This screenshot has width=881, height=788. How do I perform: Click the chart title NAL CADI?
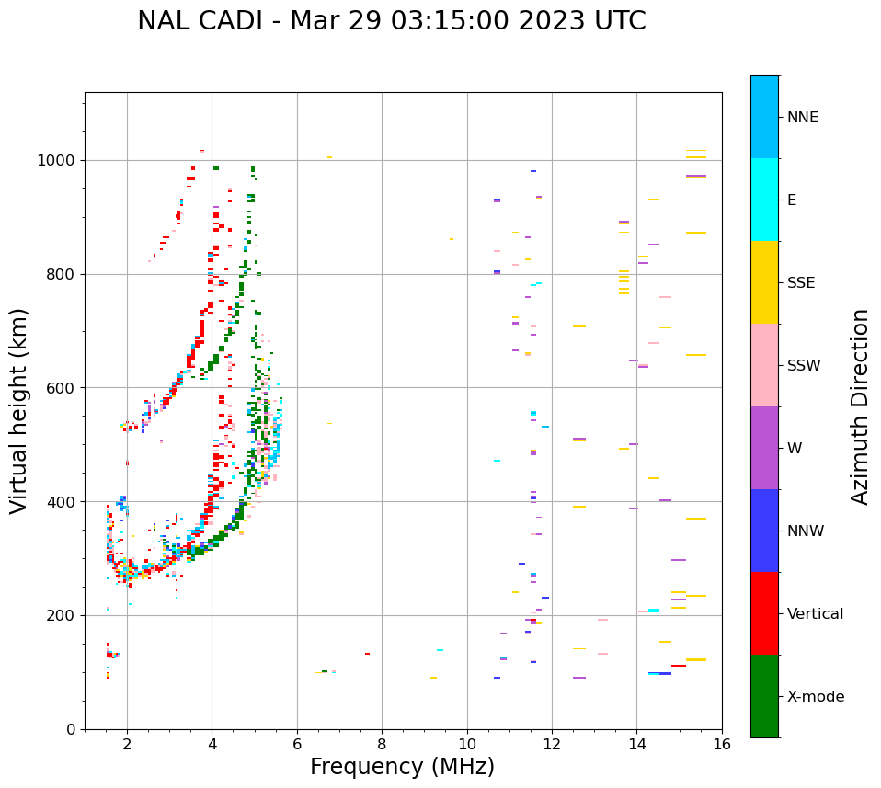point(391,21)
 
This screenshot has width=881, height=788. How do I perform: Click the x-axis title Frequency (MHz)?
point(402,767)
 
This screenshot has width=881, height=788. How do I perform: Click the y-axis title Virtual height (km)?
point(19,411)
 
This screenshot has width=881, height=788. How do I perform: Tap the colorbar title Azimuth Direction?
point(860,406)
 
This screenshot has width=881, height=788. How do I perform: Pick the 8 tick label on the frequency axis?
point(382,744)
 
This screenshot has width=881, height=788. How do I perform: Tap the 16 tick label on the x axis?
point(722,744)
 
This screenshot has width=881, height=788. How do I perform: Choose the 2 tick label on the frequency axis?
point(127,744)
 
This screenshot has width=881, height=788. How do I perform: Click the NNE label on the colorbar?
point(802,118)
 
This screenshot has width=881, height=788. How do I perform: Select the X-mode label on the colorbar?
point(815,697)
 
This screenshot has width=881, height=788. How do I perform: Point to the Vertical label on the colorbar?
point(815,614)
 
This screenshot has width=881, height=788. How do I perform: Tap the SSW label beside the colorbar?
point(804,366)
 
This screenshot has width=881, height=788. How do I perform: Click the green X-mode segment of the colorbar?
point(764,696)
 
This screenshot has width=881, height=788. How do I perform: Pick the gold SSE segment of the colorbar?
point(764,282)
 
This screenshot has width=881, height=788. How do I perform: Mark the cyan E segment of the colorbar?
point(764,200)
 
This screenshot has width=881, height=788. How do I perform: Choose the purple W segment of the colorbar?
point(764,448)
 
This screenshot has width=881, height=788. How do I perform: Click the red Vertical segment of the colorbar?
point(764,613)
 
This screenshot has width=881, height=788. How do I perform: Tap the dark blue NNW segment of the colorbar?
point(764,531)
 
